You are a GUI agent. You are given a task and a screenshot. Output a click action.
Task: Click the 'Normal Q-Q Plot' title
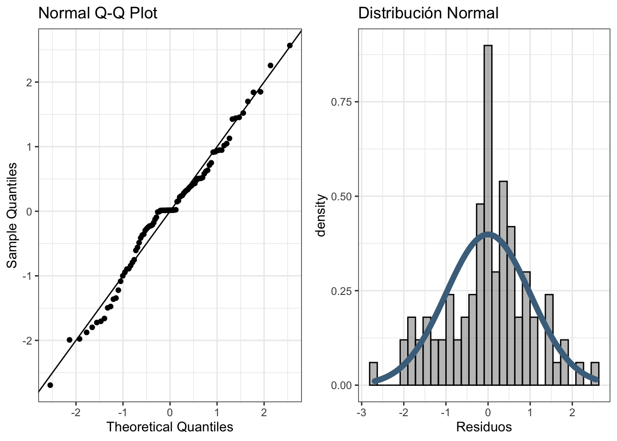coord(97,13)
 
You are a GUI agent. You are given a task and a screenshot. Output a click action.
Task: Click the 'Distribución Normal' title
coord(428,13)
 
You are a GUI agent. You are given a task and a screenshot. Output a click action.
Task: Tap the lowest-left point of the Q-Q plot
coord(50,385)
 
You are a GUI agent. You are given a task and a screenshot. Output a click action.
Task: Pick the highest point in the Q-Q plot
coord(290,45)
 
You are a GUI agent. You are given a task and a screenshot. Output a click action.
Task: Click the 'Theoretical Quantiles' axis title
coord(170,427)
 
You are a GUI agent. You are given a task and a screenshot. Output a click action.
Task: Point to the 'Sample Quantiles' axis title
coord(12,215)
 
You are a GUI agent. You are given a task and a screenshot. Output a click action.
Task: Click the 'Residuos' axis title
coord(484,427)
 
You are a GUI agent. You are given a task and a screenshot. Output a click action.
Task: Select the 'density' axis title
coord(321,215)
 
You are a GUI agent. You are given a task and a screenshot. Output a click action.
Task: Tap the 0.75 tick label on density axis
coord(342,102)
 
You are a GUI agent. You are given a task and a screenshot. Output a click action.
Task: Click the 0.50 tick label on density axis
coord(342,197)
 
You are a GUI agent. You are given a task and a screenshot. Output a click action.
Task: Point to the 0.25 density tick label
coord(342,291)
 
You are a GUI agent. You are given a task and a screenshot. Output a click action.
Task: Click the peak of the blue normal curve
coord(488,234)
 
